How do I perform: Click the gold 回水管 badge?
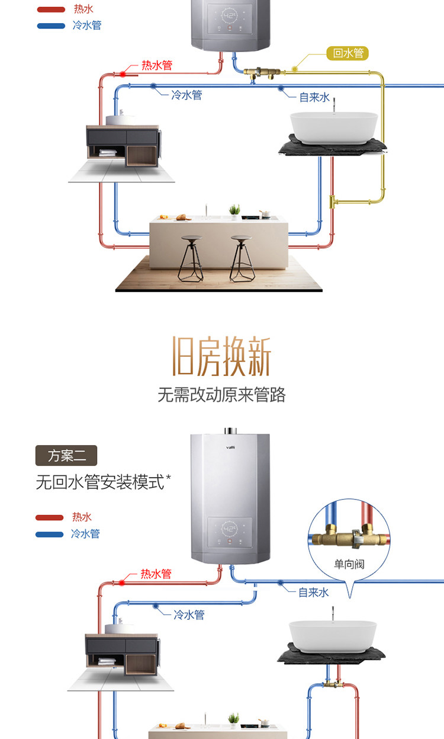tap(348, 53)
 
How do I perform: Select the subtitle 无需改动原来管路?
tap(221, 395)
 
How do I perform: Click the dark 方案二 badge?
tap(66, 456)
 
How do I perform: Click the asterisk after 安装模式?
tap(169, 478)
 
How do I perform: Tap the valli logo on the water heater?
tap(231, 447)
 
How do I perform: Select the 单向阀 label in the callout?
tap(349, 564)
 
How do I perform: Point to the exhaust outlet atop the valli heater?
tap(231, 430)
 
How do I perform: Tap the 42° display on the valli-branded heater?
tap(230, 529)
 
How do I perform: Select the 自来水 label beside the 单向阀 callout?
tap(313, 592)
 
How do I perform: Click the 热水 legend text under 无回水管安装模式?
tap(82, 517)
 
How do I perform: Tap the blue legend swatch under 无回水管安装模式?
tap(49, 534)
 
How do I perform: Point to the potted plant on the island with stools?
tap(235, 210)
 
